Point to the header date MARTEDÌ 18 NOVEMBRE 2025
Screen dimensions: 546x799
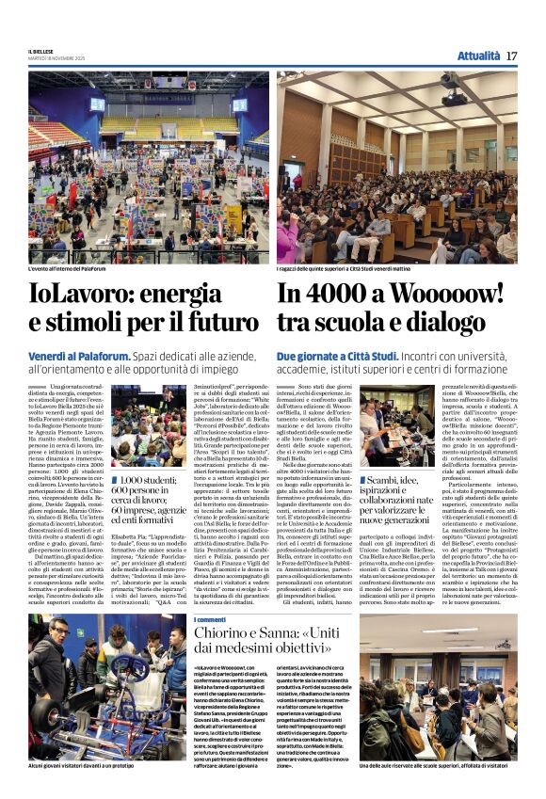point(56,59)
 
